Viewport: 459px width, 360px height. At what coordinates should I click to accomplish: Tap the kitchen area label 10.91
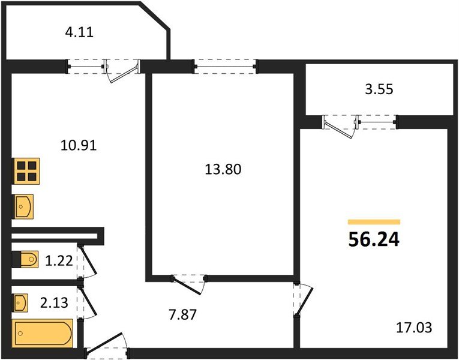(x=78, y=145)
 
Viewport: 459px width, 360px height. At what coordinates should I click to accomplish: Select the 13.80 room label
(x=223, y=170)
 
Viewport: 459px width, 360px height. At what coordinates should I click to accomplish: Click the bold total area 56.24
(x=373, y=240)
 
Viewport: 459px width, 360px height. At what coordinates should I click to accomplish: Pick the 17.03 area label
(x=414, y=328)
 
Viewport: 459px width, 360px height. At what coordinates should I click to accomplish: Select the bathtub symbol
(x=43, y=332)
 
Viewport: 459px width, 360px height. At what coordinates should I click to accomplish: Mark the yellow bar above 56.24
(x=373, y=221)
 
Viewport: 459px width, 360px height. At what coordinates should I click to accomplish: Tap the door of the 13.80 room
(x=188, y=280)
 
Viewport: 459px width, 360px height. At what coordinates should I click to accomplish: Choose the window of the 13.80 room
(x=224, y=65)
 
